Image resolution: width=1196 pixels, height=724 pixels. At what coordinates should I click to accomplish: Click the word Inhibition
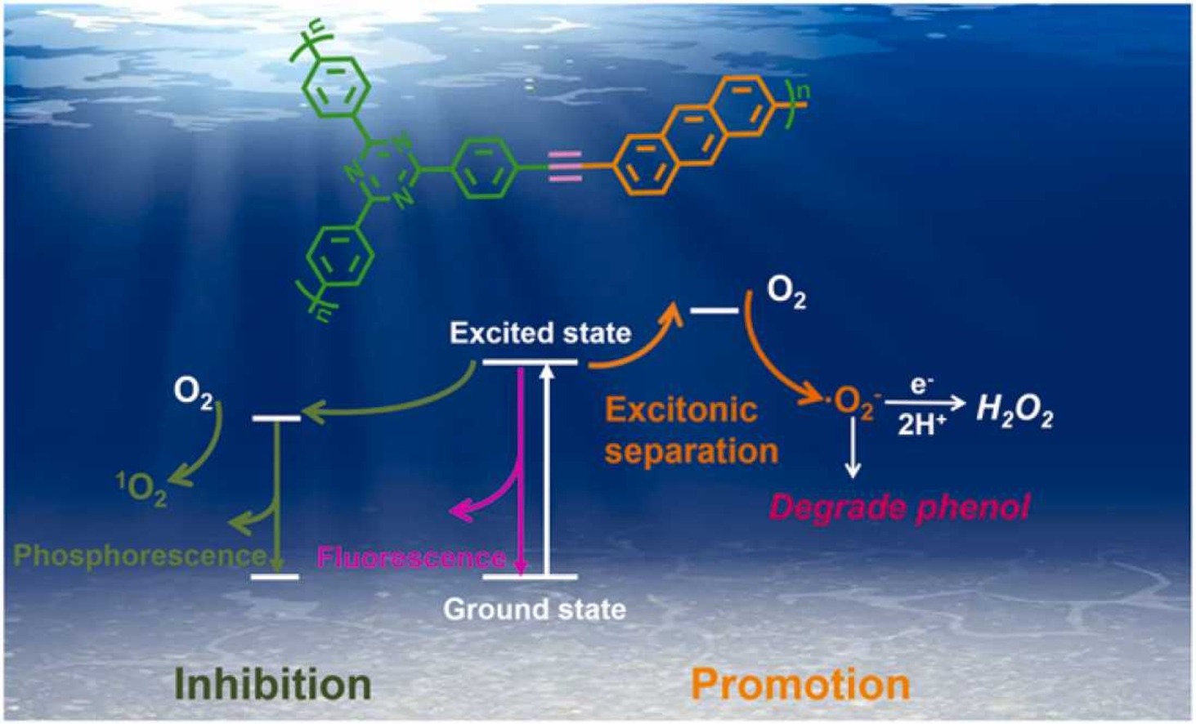(x=273, y=684)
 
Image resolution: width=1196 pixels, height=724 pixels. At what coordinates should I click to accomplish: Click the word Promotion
(x=800, y=684)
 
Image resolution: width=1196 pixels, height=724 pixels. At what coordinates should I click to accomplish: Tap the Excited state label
(x=540, y=333)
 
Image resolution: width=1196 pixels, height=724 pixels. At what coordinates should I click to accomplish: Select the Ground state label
(x=535, y=609)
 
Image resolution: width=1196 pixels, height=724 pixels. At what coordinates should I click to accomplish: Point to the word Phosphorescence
(x=140, y=556)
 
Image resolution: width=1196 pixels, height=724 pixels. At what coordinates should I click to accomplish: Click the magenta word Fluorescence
(x=411, y=557)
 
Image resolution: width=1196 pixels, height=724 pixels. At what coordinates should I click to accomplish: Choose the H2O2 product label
(x=1015, y=410)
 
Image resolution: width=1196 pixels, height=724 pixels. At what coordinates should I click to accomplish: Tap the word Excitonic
(x=681, y=409)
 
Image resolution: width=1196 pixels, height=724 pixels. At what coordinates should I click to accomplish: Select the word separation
(x=692, y=451)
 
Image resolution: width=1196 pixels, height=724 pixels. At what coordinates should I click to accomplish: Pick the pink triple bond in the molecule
(x=566, y=167)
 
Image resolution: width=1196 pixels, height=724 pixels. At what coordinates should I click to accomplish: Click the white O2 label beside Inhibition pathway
(x=194, y=393)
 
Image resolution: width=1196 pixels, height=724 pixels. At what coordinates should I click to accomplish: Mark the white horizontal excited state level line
(x=530, y=362)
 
